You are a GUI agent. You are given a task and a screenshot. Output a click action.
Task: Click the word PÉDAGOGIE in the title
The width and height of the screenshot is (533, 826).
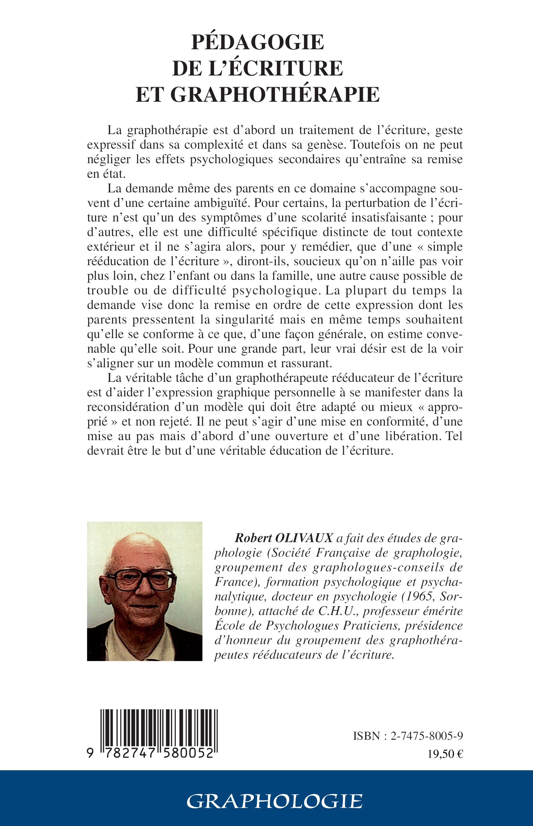[257, 43]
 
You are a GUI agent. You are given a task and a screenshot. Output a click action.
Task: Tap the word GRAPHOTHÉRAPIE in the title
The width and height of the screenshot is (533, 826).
[275, 94]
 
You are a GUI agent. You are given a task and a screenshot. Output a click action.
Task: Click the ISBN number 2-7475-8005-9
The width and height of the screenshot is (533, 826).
[427, 736]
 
